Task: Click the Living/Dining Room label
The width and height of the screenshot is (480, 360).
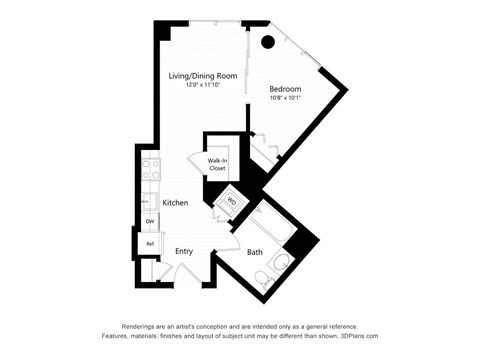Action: (201, 75)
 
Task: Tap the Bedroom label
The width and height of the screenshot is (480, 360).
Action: (285, 88)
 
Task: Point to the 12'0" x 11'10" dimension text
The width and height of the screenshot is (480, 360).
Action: (201, 85)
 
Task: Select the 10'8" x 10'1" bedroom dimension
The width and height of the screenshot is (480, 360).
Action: (285, 98)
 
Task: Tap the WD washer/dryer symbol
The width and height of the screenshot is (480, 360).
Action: (231, 200)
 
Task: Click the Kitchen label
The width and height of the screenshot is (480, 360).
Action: (177, 203)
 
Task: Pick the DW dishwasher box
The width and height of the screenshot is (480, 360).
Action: (149, 221)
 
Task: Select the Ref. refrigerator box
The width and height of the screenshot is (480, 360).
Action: (150, 244)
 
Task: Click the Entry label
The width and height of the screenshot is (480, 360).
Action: (184, 251)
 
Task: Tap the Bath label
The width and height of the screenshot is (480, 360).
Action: (255, 252)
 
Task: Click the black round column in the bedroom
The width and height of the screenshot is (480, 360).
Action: (267, 42)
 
